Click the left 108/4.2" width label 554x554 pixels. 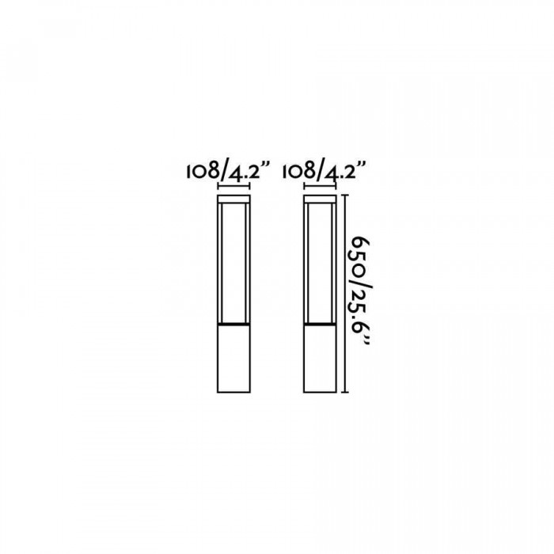[228, 171]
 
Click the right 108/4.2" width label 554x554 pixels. [324, 171]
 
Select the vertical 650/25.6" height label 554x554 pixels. [361, 292]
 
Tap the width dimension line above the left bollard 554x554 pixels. [234, 186]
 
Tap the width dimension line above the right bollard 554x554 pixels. [320, 186]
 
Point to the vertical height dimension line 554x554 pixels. [346, 294]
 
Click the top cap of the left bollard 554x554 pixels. [234, 199]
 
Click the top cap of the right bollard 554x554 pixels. [320, 199]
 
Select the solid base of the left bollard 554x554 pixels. [234, 359]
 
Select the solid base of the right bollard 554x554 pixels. [320, 359]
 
